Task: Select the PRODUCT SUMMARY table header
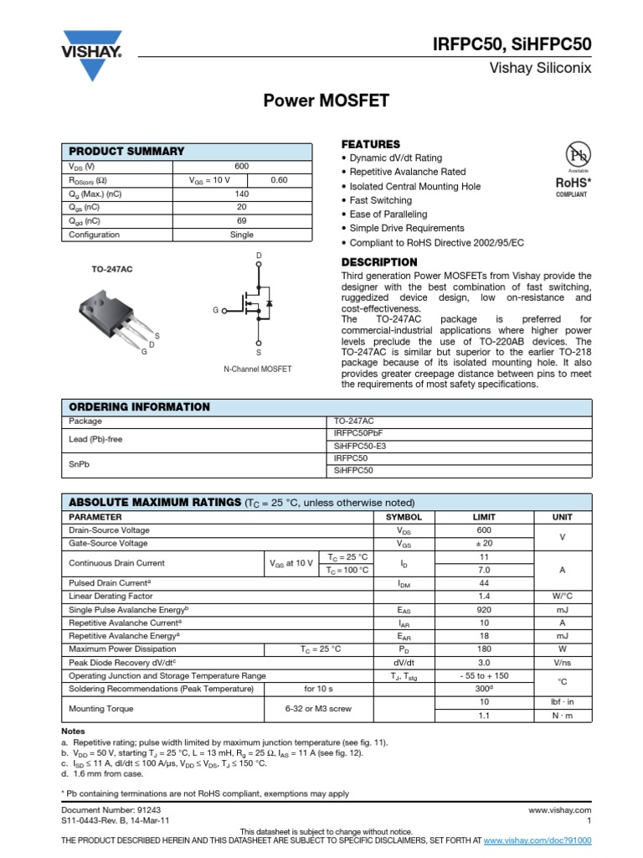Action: point(126,151)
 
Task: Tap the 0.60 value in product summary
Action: point(279,180)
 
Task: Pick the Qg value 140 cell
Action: point(242,194)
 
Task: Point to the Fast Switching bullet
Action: point(380,200)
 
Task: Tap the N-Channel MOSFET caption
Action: point(258,369)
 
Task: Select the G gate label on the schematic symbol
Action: point(215,310)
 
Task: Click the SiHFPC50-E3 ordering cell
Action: point(362,446)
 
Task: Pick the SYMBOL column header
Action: point(404,517)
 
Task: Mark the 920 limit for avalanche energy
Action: point(484,610)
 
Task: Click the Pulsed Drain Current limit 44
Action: point(484,582)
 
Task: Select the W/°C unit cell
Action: point(562,596)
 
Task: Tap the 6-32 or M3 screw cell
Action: point(318,708)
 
